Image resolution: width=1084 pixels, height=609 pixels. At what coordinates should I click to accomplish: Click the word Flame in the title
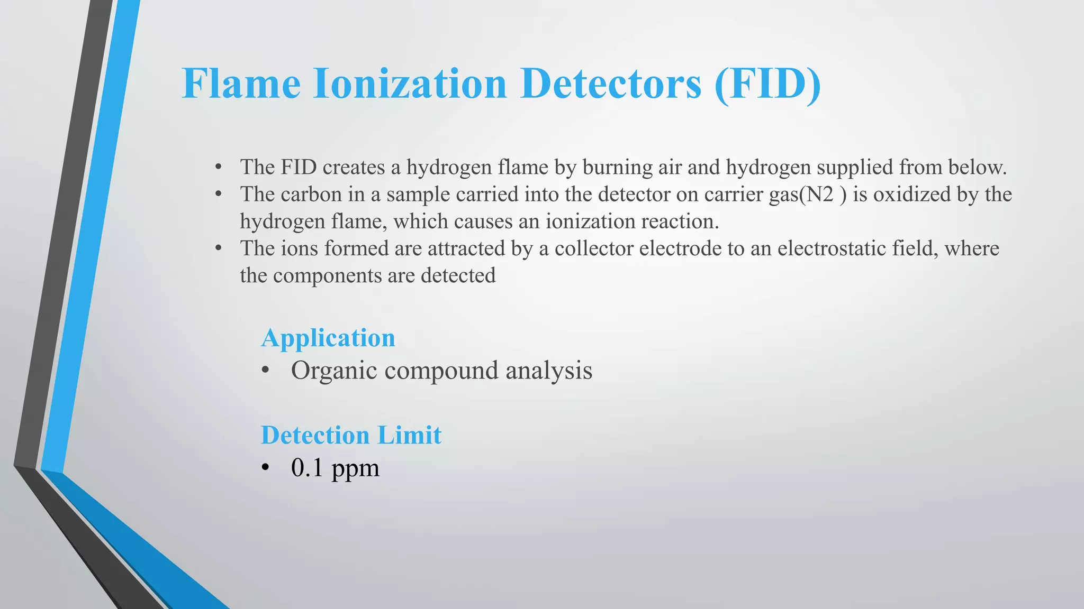[241, 84]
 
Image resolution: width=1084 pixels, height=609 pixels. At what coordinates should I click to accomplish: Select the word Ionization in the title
[410, 84]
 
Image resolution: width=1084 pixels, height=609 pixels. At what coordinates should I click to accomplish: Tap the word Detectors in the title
[611, 84]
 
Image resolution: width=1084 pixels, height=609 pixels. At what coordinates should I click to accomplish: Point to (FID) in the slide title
[767, 84]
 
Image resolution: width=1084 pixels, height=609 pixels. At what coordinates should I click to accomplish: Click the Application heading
[328, 338]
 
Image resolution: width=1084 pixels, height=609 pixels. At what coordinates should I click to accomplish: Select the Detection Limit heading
[351, 435]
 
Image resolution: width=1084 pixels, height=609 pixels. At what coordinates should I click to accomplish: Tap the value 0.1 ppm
[335, 468]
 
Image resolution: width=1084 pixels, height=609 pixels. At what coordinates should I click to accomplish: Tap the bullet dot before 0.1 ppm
[266, 468]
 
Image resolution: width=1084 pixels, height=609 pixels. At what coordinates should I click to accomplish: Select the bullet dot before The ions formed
[218, 248]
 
